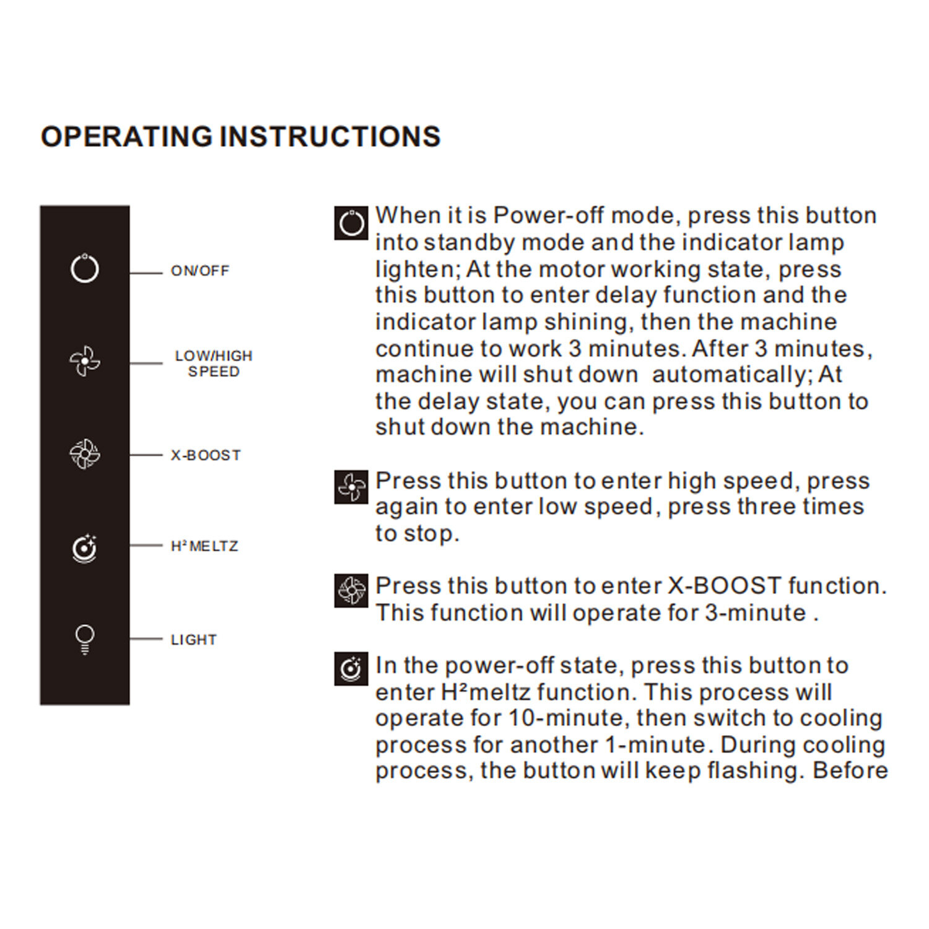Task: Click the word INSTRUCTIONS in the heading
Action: pyautogui.click(x=330, y=137)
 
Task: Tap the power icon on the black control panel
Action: pyautogui.click(x=85, y=269)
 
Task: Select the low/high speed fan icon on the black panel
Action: pyautogui.click(x=85, y=361)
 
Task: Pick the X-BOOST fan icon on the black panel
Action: pyautogui.click(x=85, y=454)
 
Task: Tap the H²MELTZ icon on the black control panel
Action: pyautogui.click(x=85, y=548)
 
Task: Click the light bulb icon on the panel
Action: pyautogui.click(x=85, y=639)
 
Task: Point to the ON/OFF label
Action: pyautogui.click(x=199, y=271)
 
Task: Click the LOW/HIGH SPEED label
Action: pyautogui.click(x=214, y=364)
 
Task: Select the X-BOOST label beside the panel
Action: pyautogui.click(x=206, y=455)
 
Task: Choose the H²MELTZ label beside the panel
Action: pyautogui.click(x=204, y=546)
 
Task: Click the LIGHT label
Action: pyautogui.click(x=194, y=640)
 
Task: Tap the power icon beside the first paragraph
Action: pyautogui.click(x=351, y=223)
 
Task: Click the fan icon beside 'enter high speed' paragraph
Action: pyautogui.click(x=351, y=487)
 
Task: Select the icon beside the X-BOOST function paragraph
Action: pyautogui.click(x=351, y=591)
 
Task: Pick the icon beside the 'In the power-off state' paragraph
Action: pyautogui.click(x=351, y=669)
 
